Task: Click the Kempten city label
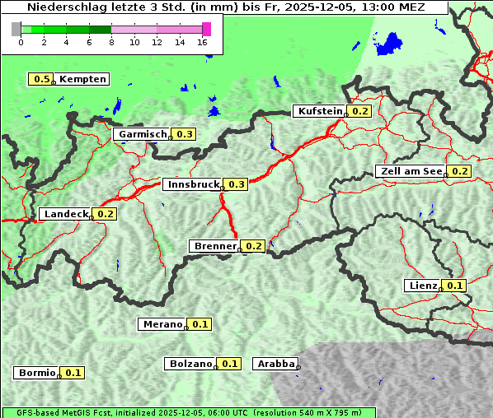[x=82, y=79]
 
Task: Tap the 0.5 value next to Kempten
[x=41, y=79]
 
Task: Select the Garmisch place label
[x=143, y=134]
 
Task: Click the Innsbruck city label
[x=192, y=184]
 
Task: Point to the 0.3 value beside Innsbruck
[x=237, y=184]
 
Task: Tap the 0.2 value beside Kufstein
[x=360, y=111]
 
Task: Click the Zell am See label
[x=410, y=171]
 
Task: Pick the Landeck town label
[x=66, y=214]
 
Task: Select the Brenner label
[x=214, y=246]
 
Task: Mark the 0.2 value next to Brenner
[x=254, y=246]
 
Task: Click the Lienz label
[x=423, y=286]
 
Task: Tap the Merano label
[x=162, y=324]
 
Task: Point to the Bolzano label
[x=190, y=364]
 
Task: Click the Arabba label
[x=275, y=364]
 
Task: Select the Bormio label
[x=36, y=373]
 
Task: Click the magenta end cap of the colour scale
[x=206, y=29]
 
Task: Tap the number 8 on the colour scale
[x=111, y=42]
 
